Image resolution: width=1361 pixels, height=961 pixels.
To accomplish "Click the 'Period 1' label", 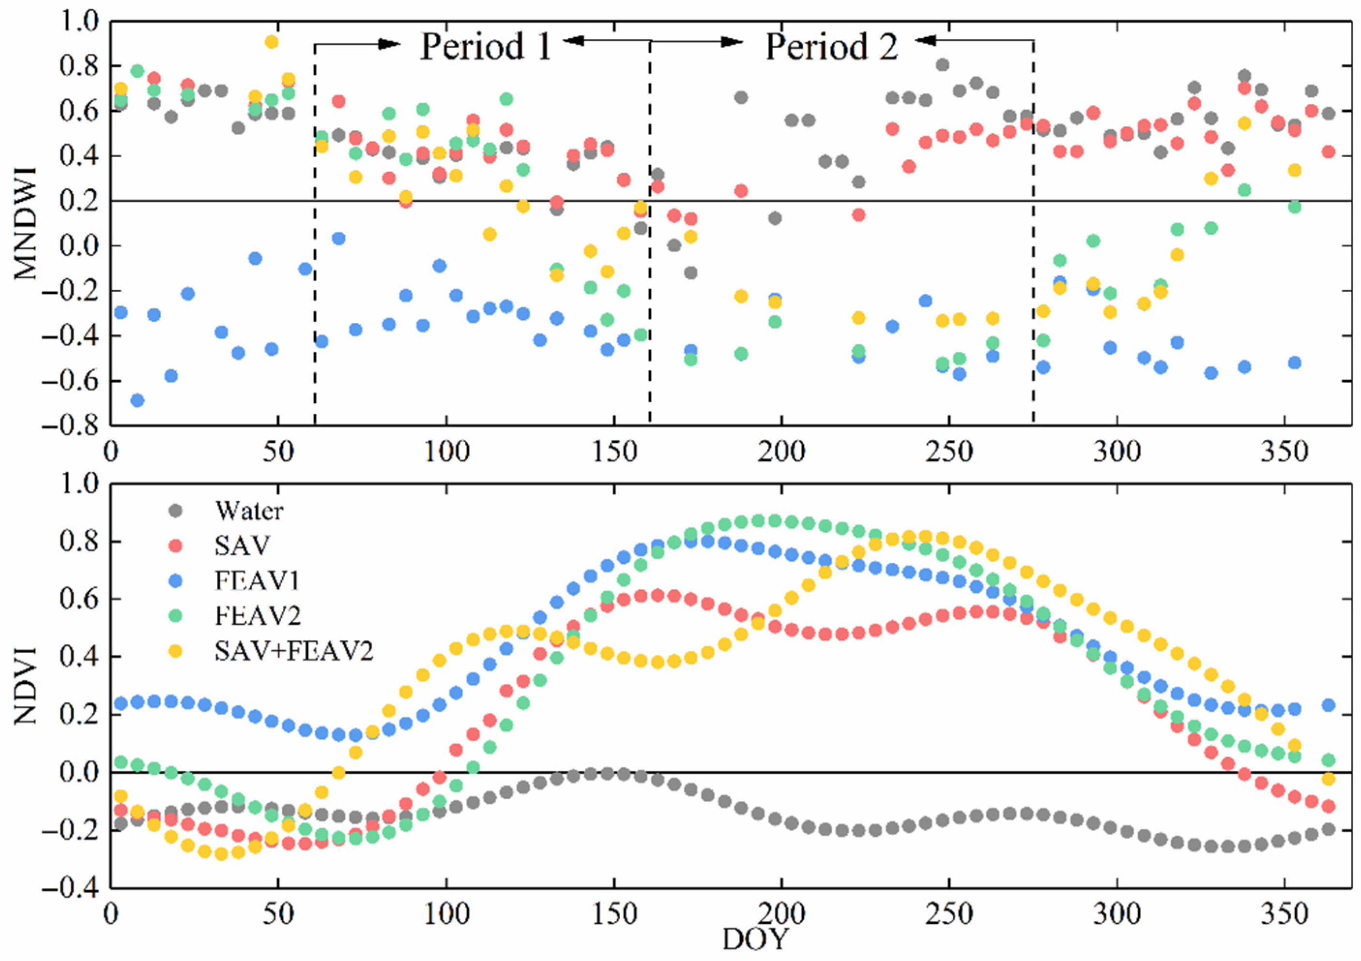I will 486,47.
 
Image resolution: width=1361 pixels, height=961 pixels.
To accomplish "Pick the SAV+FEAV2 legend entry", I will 293,652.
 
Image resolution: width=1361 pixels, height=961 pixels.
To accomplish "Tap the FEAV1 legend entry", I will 257,581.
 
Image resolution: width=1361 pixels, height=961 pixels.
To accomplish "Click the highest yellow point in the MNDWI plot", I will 272,42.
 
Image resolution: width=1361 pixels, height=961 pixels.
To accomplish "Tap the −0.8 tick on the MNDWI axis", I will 77,425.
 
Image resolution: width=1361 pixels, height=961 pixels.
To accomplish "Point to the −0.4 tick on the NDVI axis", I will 77,887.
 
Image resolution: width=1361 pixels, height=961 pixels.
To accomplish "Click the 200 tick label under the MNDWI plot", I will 781,452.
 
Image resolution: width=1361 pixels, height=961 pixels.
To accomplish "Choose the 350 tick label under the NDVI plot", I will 1284,914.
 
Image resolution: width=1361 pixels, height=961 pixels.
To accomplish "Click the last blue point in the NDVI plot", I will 1329,705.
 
